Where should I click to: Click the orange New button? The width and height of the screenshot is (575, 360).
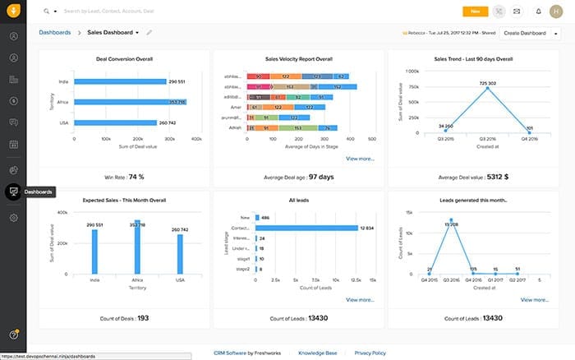click(475, 12)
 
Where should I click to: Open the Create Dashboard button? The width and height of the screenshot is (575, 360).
click(525, 33)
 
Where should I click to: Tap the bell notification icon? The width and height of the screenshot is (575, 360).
click(538, 12)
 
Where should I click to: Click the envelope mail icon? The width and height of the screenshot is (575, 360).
click(516, 12)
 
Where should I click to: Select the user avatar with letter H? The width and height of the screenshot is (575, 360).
click(559, 12)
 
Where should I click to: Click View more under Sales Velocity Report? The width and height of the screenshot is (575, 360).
click(360, 158)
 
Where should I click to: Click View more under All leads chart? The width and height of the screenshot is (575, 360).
click(360, 300)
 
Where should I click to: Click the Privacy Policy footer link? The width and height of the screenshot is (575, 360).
click(370, 352)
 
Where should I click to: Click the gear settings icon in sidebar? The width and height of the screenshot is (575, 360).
click(13, 218)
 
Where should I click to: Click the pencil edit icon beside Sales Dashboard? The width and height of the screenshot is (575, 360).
click(149, 33)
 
